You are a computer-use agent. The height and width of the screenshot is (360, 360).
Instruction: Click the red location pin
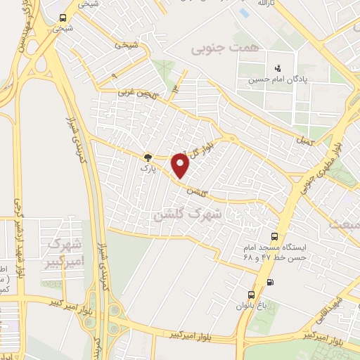(x=181, y=165)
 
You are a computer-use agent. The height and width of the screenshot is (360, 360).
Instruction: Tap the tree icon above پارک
(x=148, y=157)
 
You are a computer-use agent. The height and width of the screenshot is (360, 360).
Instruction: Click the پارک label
(x=146, y=169)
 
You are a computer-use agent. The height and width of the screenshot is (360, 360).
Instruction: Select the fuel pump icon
(x=272, y=283)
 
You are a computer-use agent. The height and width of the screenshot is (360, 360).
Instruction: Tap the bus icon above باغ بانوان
(x=251, y=295)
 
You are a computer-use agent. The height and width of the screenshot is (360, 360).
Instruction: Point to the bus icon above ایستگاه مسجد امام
(x=274, y=237)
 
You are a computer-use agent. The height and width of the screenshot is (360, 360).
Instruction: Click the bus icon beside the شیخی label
(x=63, y=18)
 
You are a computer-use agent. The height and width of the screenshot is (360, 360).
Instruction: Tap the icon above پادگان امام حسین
(x=278, y=68)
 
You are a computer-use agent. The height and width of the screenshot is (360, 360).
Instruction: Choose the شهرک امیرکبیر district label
(x=63, y=253)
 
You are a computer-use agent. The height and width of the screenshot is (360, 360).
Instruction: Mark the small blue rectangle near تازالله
(x=244, y=13)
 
